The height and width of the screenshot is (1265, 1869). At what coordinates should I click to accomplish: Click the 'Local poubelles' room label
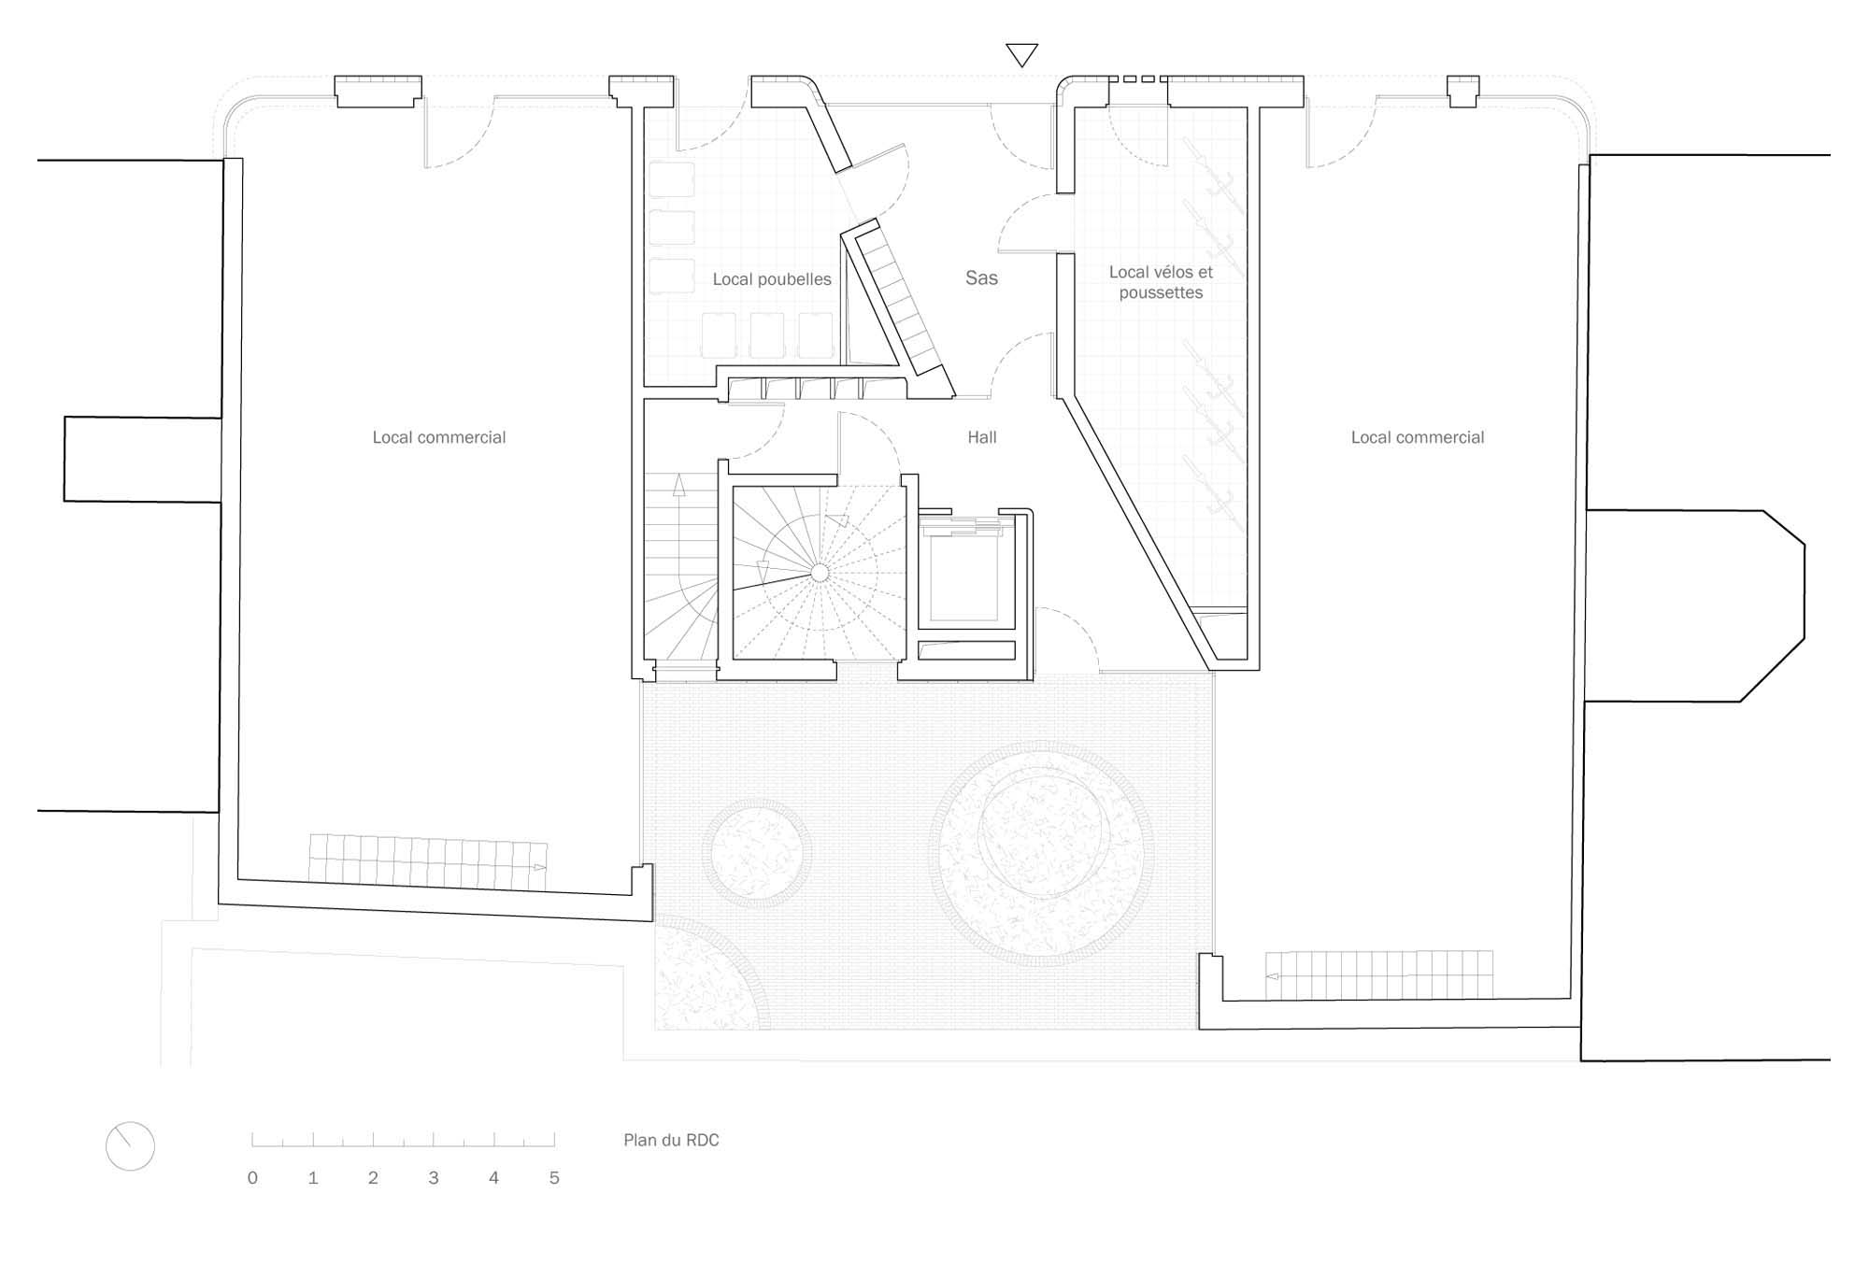[772, 279]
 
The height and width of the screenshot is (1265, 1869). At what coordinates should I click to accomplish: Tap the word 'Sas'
[981, 277]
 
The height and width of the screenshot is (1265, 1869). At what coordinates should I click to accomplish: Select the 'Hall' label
[982, 437]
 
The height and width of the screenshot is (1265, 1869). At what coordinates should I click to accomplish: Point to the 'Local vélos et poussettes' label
[1161, 282]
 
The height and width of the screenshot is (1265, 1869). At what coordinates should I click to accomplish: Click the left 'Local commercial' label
[439, 437]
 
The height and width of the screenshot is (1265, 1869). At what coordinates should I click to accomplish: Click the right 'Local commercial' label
[1418, 437]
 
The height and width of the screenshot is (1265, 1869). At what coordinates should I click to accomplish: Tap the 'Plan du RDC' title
[671, 1140]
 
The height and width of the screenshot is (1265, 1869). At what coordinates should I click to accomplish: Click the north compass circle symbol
[130, 1146]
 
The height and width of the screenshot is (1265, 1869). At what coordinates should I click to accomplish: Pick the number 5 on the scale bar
[554, 1178]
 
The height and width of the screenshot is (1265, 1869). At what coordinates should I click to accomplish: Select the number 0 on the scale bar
[252, 1178]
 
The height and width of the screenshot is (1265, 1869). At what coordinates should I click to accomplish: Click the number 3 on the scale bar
[434, 1178]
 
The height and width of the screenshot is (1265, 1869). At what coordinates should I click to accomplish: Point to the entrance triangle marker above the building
[1021, 55]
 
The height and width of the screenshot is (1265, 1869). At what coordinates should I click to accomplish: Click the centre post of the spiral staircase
[820, 572]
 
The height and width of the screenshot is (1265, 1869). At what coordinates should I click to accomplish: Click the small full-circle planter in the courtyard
[757, 853]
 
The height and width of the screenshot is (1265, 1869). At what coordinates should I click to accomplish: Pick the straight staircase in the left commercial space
[428, 860]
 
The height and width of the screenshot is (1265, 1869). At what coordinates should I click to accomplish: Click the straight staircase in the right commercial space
[1379, 975]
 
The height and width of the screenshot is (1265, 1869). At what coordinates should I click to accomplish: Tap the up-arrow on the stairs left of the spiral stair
[679, 485]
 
